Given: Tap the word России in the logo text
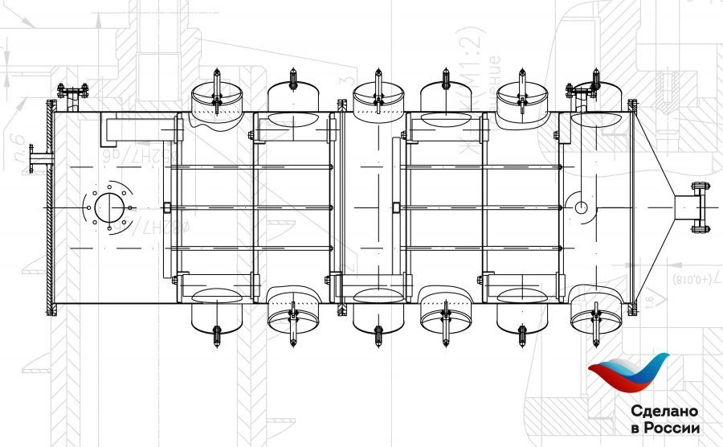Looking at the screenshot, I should (x=672, y=429).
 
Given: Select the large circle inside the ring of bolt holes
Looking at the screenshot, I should (x=107, y=207).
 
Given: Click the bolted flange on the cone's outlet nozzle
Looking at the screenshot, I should (x=698, y=207).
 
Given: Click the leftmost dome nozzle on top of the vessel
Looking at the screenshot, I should (x=215, y=96).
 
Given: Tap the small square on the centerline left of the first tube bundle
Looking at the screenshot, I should (x=166, y=207).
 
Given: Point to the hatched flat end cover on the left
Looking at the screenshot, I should (x=52, y=207).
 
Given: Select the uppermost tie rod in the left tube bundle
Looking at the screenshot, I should (x=253, y=166).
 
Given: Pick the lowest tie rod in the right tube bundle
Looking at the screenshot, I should (x=482, y=248).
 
